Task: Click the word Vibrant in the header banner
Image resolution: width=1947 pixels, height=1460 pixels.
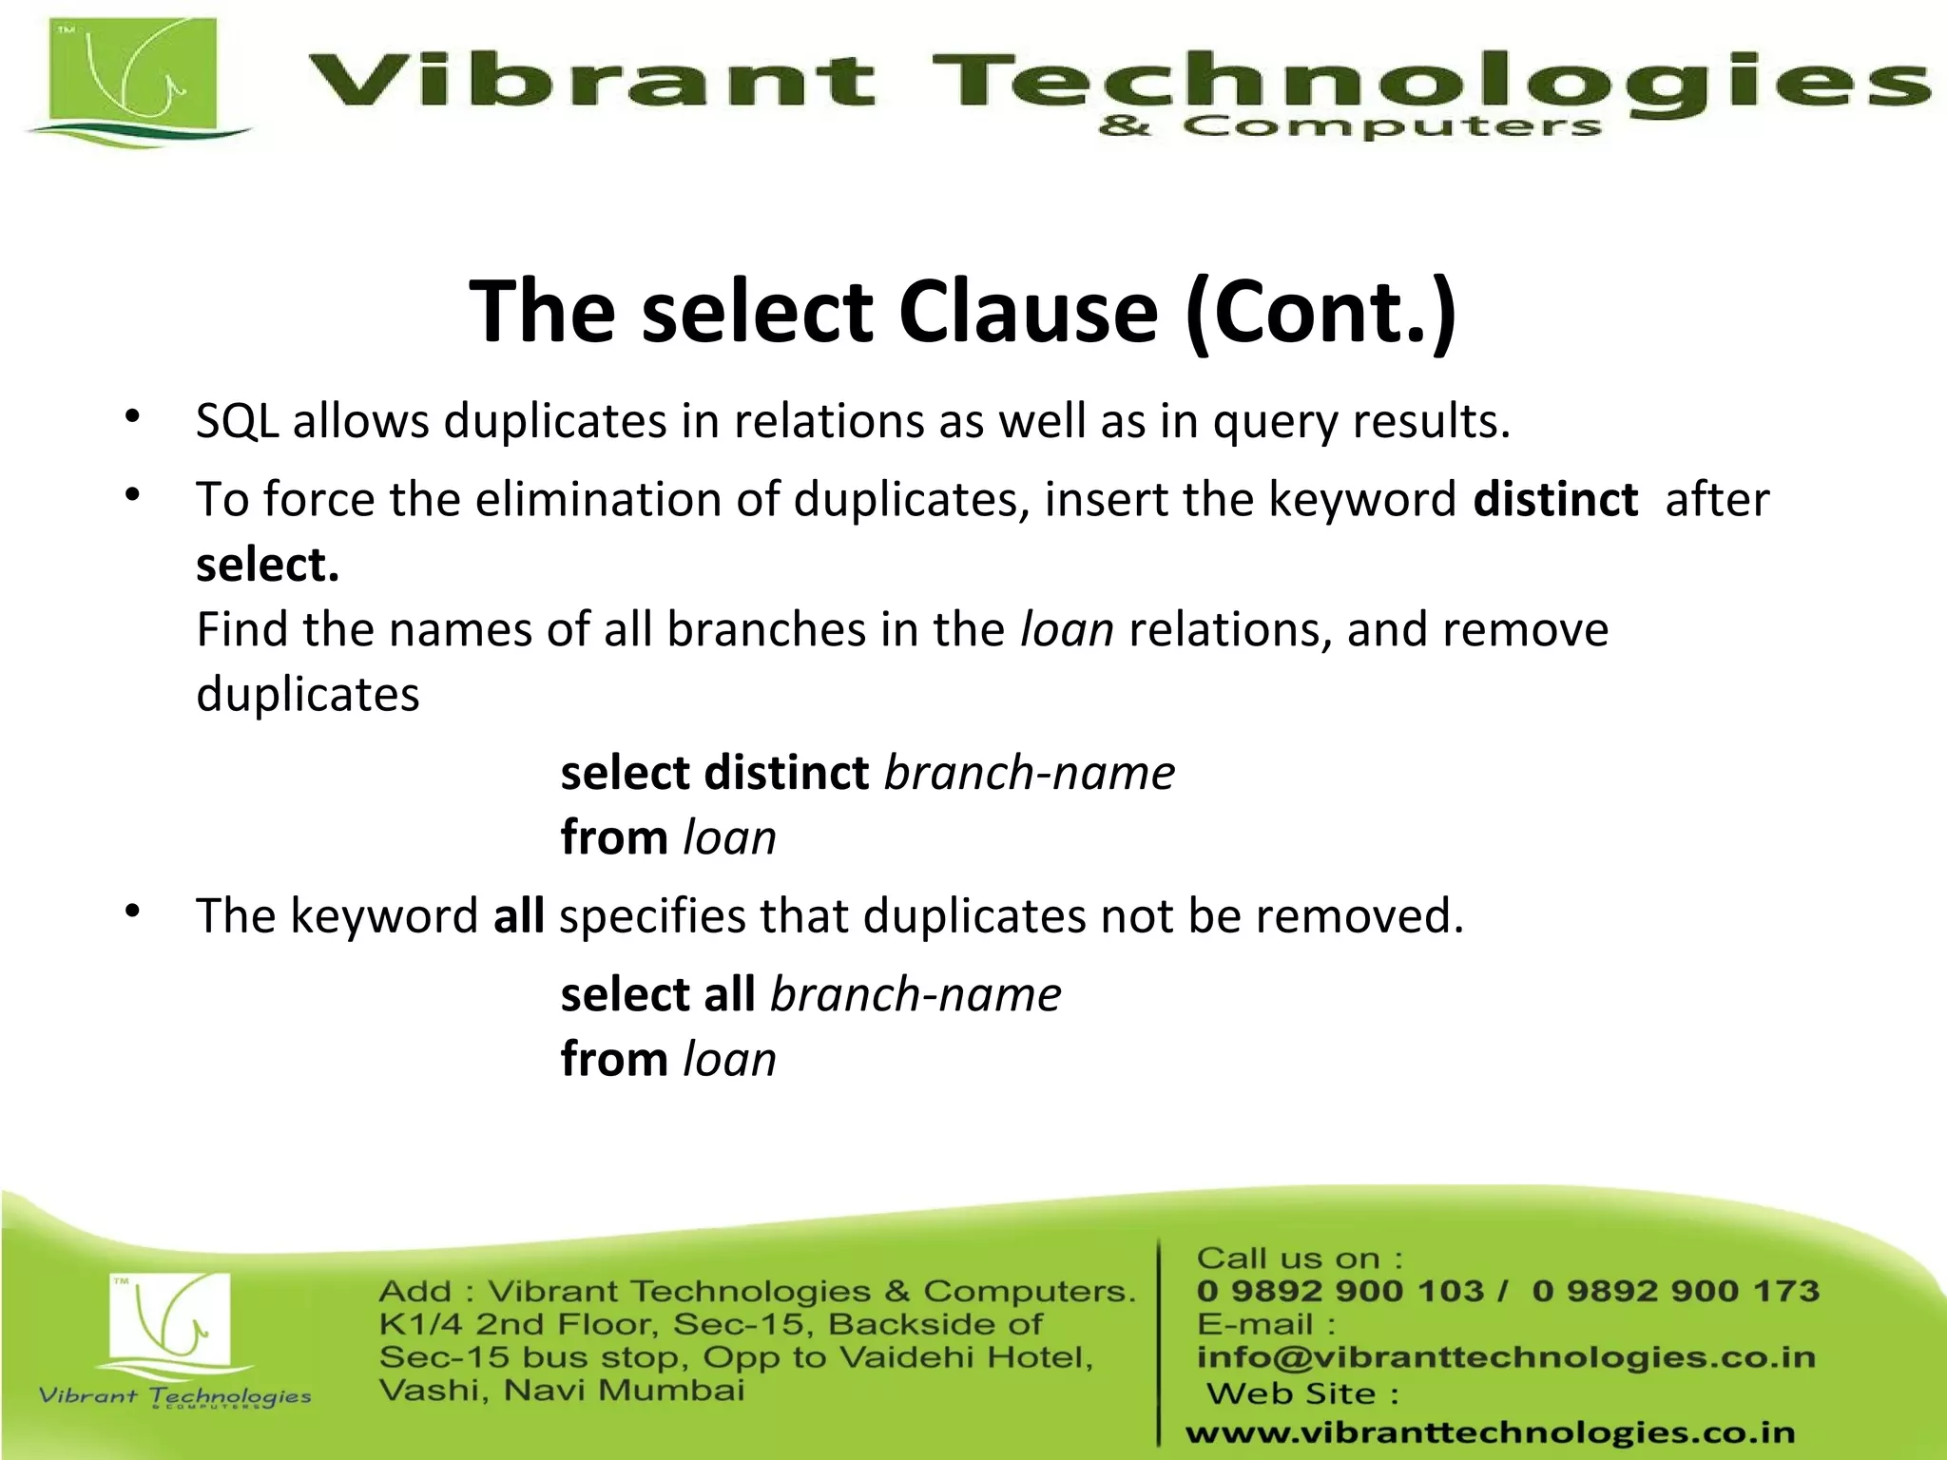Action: tap(589, 80)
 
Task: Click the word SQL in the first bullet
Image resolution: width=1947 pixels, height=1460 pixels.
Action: tap(237, 421)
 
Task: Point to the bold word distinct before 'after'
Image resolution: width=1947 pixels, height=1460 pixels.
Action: tap(1555, 499)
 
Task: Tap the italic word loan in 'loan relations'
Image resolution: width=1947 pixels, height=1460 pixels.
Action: tap(1067, 629)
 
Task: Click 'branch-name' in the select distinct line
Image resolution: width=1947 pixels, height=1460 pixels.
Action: tap(1030, 772)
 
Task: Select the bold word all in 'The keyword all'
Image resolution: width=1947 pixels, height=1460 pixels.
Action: tap(519, 915)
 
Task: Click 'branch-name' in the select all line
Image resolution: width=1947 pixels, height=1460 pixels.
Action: tap(916, 994)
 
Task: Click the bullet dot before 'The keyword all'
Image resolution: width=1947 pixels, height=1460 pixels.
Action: tap(133, 912)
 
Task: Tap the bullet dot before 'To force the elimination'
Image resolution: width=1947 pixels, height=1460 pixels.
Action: tap(133, 494)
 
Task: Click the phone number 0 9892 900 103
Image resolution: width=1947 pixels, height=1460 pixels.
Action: tap(1340, 1291)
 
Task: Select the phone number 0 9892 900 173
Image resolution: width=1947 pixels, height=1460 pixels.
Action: tap(1675, 1291)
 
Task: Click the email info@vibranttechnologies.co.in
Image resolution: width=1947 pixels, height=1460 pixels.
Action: tap(1506, 1357)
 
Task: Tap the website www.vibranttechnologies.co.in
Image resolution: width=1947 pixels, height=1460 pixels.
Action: tap(1490, 1432)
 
